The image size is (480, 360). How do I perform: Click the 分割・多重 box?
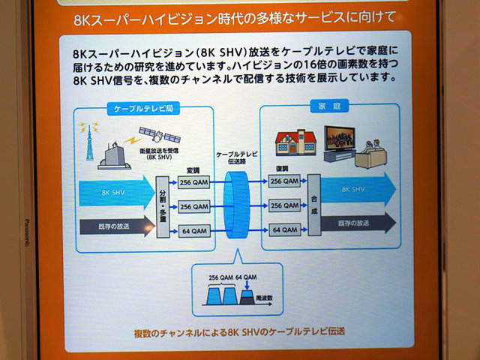coord(161,203)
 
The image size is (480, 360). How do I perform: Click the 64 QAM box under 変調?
coord(194,231)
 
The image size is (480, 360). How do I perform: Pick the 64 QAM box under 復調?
coord(285,230)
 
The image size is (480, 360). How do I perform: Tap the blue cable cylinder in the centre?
coord(237,205)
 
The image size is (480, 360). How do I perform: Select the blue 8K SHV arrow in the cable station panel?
coord(112,193)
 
